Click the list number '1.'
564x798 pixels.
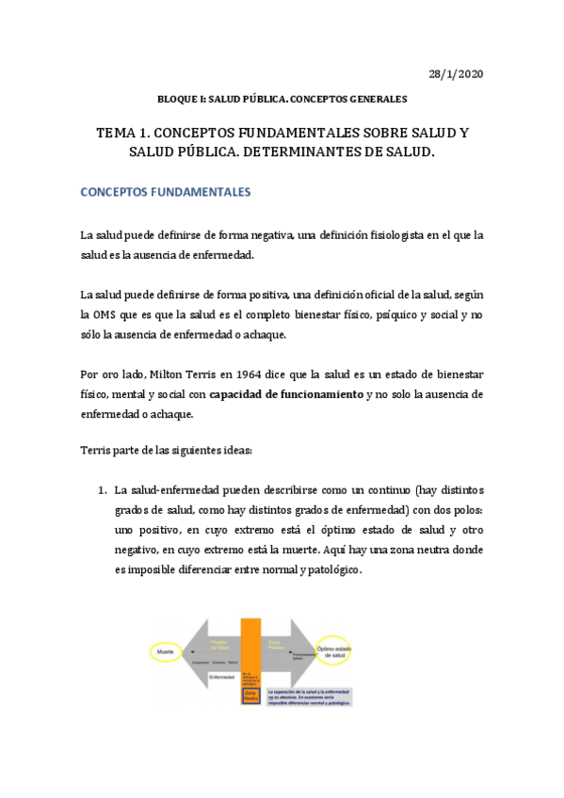102,490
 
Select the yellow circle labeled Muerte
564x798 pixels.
163,650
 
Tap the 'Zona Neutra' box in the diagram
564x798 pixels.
250,696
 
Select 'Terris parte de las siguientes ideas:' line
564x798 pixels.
167,451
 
